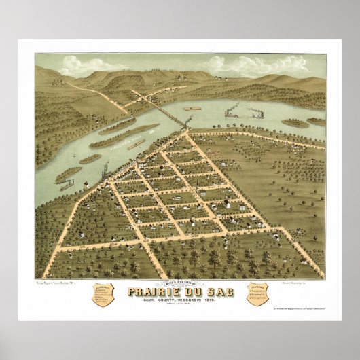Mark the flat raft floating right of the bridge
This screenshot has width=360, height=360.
192,107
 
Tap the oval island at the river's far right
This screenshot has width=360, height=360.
295,124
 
